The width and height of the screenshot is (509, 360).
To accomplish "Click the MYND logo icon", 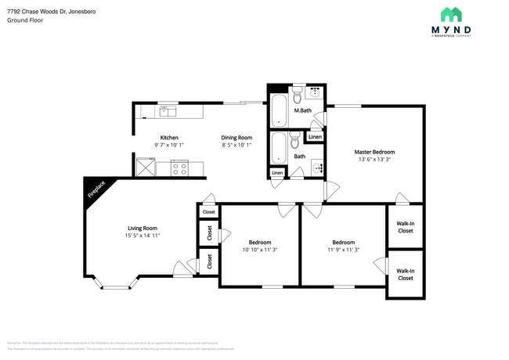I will pos(451,14).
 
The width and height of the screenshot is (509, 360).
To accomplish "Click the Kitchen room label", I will pos(169,137).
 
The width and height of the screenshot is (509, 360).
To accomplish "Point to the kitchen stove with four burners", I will pos(179,167).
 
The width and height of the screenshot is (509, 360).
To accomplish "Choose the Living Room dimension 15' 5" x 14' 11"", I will pos(143,236).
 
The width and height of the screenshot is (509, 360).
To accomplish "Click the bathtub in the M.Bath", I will pos(280,111).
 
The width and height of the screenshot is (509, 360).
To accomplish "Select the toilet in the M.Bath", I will pos(298,97).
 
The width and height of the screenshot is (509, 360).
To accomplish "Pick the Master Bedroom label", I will pos(374,152).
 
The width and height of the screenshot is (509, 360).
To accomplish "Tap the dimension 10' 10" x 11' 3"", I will pos(260,250).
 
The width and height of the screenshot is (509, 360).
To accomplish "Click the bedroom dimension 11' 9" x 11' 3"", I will pos(343,250).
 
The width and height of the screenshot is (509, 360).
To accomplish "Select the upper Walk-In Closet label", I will pos(406,226).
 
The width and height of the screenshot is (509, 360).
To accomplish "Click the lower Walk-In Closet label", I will pos(406,274).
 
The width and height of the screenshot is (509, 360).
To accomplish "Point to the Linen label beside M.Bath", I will pos(314,137).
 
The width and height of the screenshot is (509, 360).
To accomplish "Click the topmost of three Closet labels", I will pos(209,212).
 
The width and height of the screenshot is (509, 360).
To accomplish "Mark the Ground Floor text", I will pos(24,21).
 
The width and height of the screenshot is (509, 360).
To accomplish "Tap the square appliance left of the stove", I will pos(146,167).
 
